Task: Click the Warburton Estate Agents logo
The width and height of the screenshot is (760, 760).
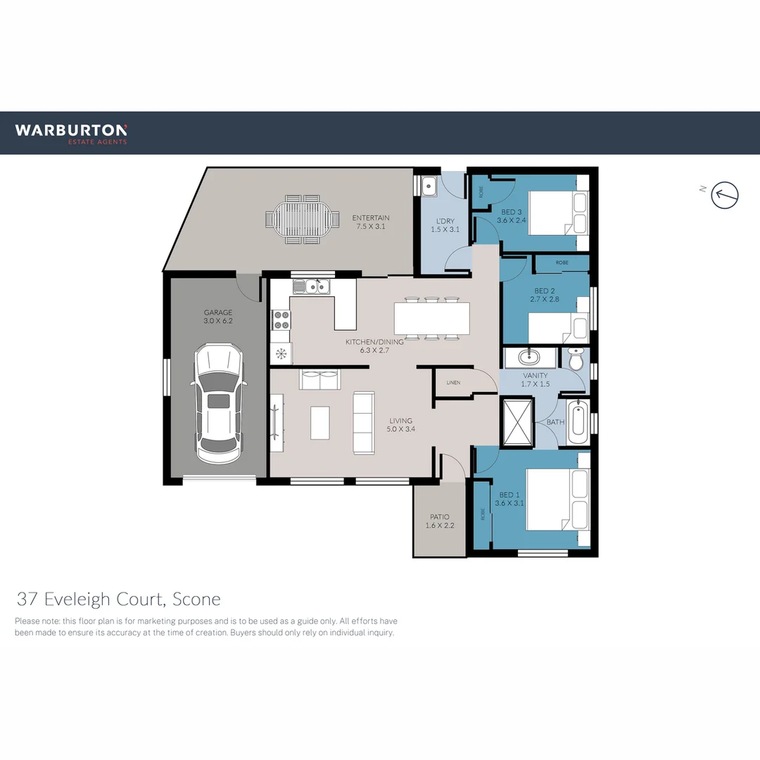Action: pos(71,132)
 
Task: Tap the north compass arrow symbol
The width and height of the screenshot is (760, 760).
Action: pos(725,194)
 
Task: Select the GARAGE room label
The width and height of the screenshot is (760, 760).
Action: pos(218,317)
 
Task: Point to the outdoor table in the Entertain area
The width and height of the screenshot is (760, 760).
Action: pos(300,220)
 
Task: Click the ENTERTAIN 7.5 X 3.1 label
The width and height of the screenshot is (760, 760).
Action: pos(371,222)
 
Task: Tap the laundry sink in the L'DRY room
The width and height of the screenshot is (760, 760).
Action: pos(430,186)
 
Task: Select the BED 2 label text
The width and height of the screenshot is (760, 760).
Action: pos(543,295)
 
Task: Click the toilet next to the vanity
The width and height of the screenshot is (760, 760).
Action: pos(576,360)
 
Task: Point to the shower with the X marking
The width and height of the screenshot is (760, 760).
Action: pos(517,422)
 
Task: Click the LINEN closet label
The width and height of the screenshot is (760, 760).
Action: pos(453,383)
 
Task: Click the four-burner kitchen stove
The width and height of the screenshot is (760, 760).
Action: pos(281,320)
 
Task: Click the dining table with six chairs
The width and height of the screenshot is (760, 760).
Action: pos(431,318)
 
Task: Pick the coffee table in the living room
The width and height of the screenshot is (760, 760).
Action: pos(320,422)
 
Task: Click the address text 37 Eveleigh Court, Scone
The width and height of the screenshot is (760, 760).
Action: pos(118,600)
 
